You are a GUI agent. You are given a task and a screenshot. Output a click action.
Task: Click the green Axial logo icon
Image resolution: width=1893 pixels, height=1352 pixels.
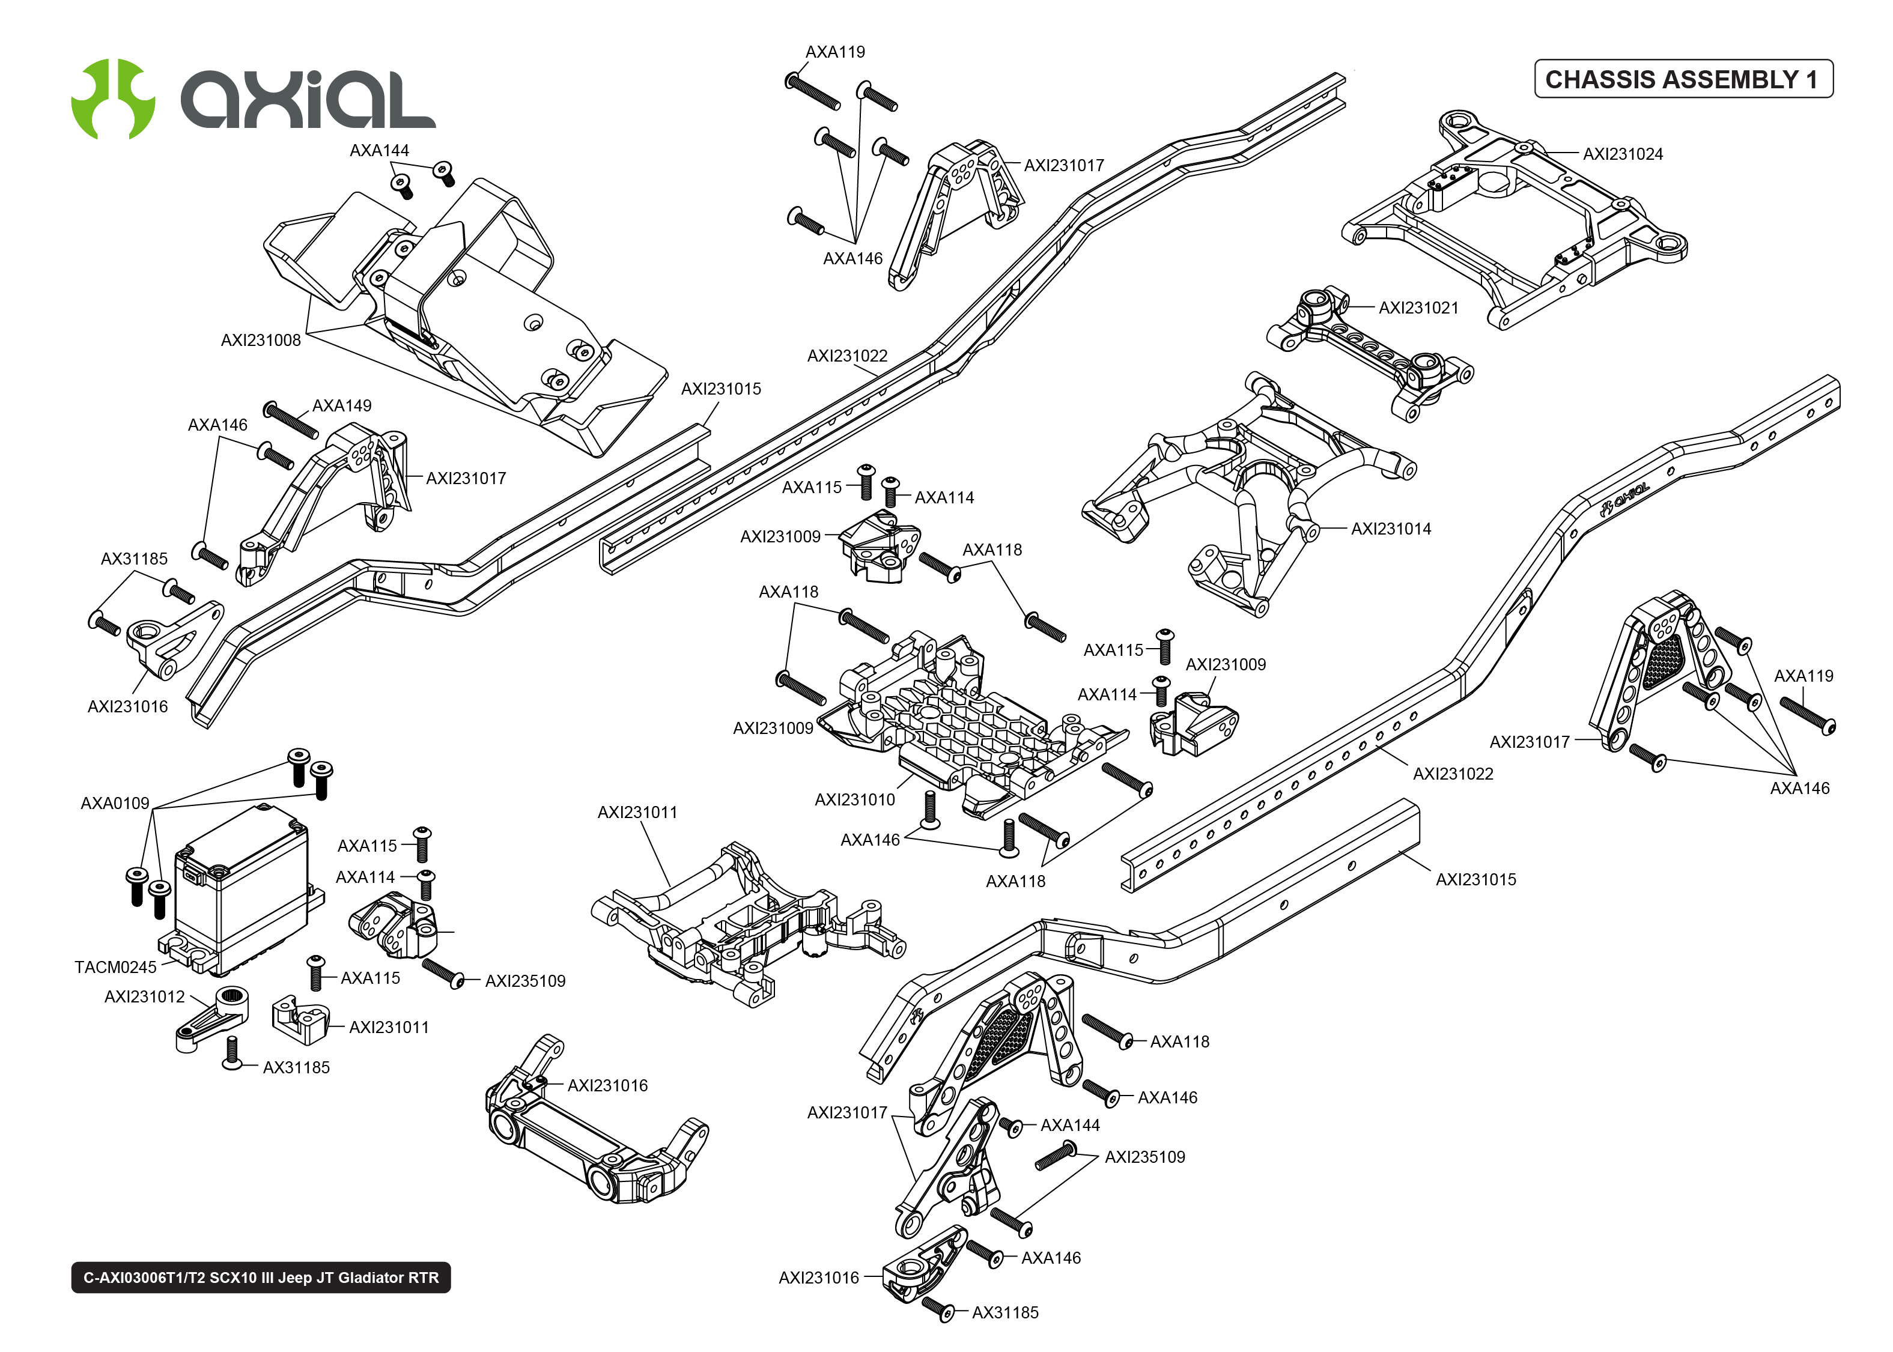click(x=112, y=99)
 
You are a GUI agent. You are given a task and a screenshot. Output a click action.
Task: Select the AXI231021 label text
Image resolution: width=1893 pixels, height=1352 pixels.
click(x=1418, y=308)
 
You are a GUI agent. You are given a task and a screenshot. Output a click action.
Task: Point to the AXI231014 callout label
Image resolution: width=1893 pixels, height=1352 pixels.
click(x=1390, y=529)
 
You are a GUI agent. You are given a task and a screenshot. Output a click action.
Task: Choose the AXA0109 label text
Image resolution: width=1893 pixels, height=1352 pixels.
click(x=115, y=804)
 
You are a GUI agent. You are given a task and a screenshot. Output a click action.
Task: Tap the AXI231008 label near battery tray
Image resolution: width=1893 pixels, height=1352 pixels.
click(x=261, y=341)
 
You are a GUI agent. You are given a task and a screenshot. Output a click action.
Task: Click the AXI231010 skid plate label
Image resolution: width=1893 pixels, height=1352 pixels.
click(x=854, y=800)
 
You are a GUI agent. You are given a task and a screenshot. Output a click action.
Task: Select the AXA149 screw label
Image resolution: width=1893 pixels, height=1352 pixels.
click(x=341, y=406)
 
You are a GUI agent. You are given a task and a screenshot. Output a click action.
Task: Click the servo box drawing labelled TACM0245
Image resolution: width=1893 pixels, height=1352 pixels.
click(x=242, y=887)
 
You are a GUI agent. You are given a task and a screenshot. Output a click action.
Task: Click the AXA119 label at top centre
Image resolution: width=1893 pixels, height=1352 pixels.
click(x=835, y=52)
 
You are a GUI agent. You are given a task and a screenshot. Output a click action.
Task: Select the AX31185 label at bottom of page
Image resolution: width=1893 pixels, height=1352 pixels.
click(x=1004, y=1313)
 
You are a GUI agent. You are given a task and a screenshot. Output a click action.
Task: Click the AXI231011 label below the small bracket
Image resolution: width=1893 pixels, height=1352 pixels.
click(x=389, y=1027)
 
